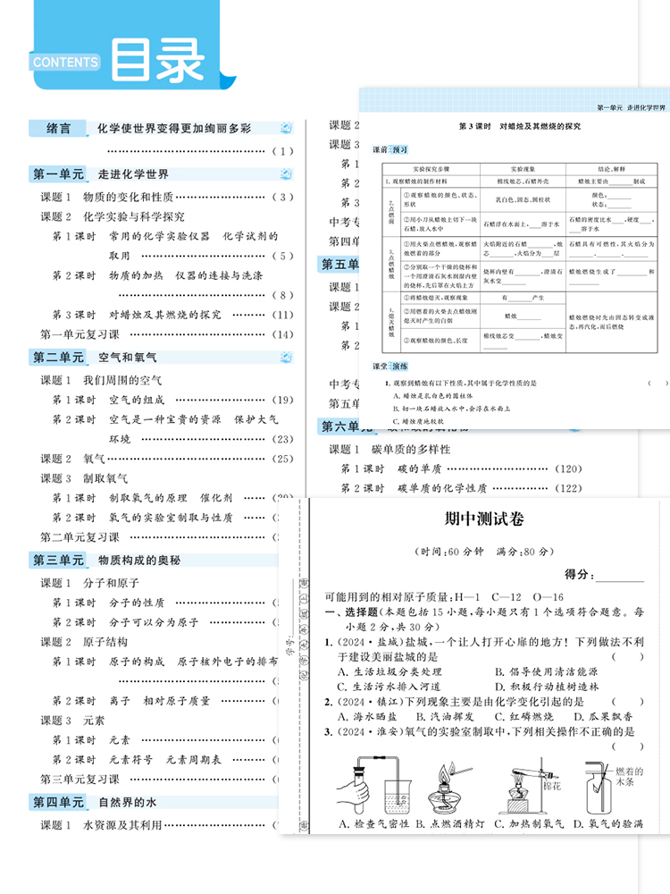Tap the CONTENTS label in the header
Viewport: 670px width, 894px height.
click(66, 62)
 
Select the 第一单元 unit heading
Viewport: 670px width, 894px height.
click(58, 174)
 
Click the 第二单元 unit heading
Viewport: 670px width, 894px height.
click(58, 358)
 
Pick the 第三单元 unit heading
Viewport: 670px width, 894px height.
click(58, 561)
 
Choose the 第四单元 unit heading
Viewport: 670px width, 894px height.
click(58, 802)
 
